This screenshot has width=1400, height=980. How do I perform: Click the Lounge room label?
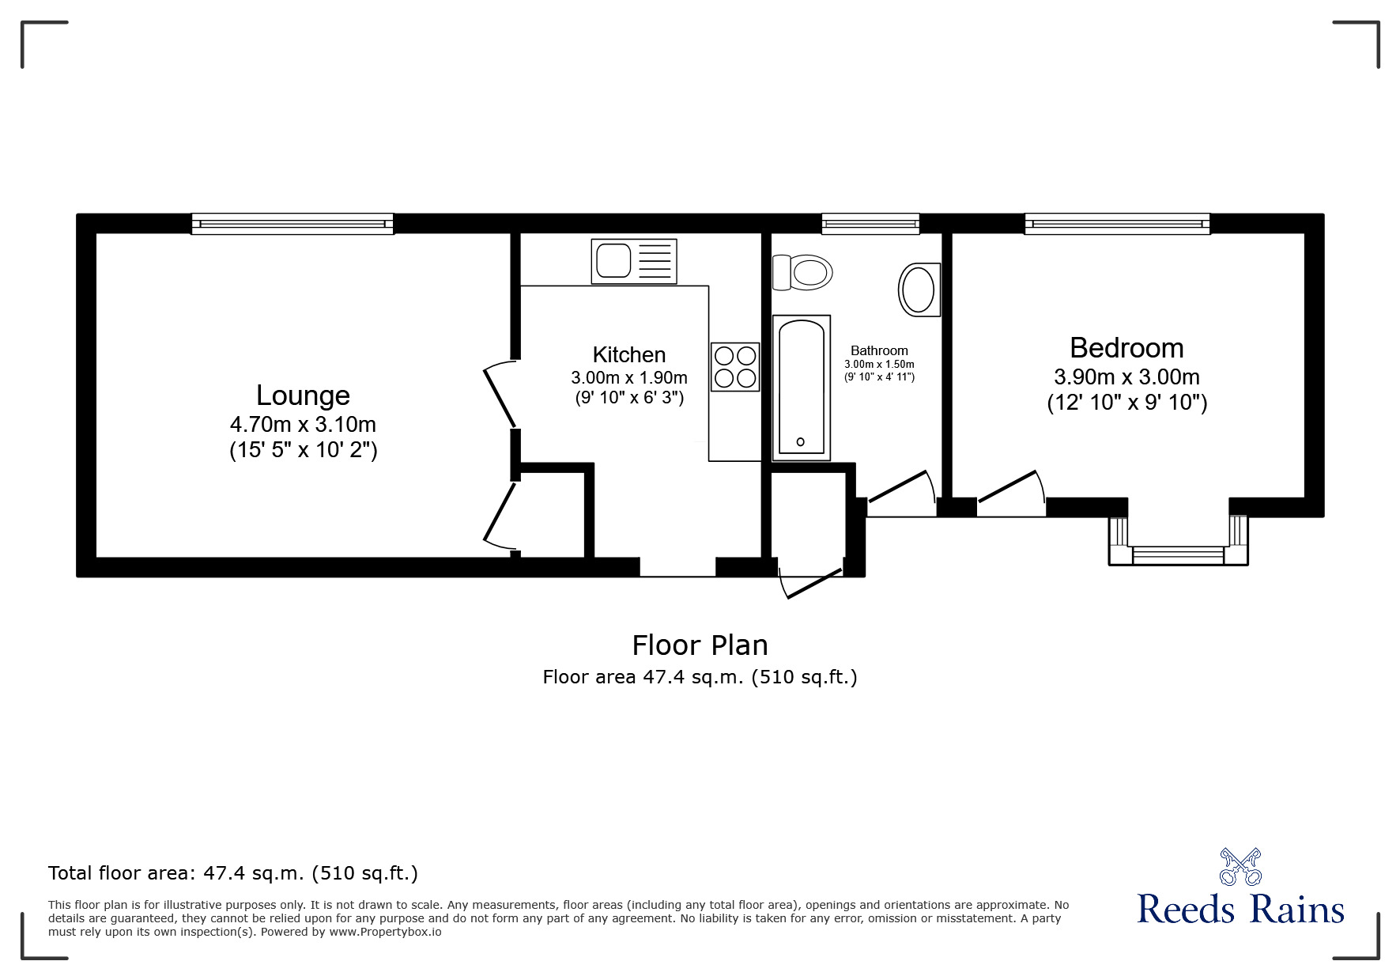pos(303,395)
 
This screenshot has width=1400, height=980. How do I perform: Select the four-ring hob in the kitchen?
pos(735,367)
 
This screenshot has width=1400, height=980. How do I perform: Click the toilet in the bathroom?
pos(804,273)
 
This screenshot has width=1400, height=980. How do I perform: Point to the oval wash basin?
pos(919,289)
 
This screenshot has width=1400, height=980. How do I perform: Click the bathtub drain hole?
pos(800,442)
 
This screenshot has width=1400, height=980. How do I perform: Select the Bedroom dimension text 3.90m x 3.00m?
pos(1126,377)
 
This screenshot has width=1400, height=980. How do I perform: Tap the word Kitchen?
pos(629,354)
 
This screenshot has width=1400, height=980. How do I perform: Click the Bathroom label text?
pos(879,350)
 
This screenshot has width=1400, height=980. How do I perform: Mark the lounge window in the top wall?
pos(292,224)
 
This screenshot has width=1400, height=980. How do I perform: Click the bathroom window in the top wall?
pos(870,224)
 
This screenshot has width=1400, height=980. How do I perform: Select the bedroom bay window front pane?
pos(1178,555)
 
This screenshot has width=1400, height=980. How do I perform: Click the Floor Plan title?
pos(700,645)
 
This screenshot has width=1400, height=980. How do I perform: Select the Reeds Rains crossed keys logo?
pos(1240,867)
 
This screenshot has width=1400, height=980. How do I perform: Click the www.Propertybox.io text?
pos(385,932)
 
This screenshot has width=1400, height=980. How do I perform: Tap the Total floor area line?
pos(232,873)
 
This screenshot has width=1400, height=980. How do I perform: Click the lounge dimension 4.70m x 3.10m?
pos(303,424)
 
